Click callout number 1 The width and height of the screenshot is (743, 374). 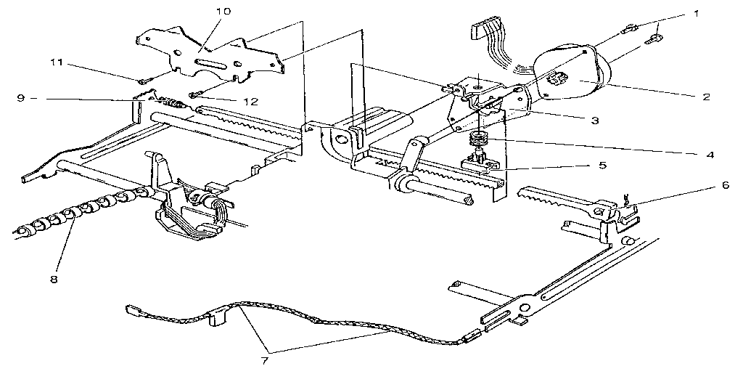coord(696,15)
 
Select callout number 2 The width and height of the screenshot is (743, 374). coord(707,97)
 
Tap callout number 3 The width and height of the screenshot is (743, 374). coord(595,120)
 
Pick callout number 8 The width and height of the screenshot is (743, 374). coord(54,279)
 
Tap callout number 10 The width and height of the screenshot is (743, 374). coord(223,10)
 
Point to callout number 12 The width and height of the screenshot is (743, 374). coord(250,102)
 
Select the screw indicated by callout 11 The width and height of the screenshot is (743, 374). coord(141,81)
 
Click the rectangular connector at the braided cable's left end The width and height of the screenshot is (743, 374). coord(132,311)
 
